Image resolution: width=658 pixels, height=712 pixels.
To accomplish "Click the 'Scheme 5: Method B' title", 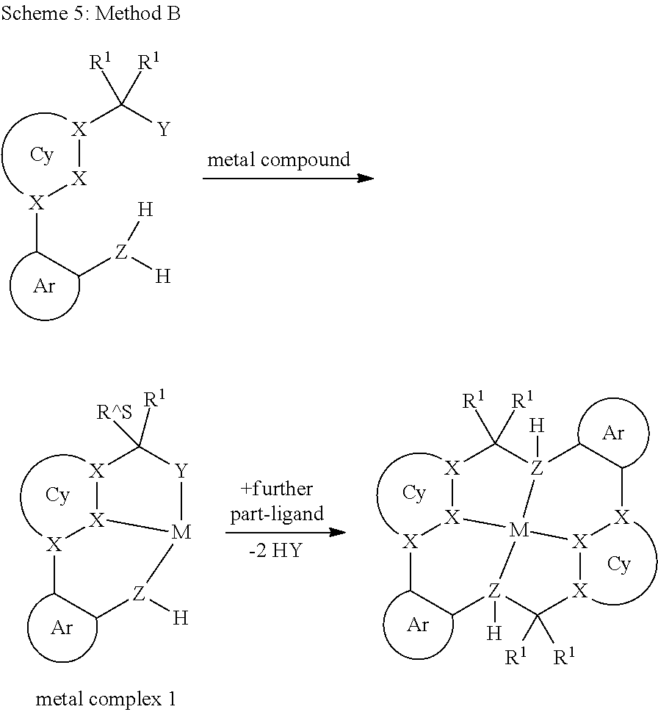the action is coord(91,13).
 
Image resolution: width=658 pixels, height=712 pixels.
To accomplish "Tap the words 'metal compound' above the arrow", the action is coord(278,160).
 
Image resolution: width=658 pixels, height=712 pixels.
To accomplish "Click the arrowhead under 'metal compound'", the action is coord(366,178).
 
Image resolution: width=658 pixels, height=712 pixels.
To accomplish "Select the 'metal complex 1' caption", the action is coord(106,699).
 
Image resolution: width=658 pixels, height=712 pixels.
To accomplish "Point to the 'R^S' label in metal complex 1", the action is coord(115,412).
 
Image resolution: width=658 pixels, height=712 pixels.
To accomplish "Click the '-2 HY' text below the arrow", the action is coord(275,550).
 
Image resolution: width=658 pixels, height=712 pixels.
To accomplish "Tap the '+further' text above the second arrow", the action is coord(277,489).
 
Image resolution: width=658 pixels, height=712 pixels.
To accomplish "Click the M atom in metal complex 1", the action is coord(181,532).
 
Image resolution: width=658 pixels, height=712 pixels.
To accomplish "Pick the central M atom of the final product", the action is coord(519,530).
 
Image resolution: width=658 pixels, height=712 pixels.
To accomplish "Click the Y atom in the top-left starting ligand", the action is coord(163,130).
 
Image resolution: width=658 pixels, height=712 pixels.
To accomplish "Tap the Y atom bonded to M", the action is coord(181,471).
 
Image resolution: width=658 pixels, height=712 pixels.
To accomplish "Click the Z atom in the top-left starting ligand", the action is coord(120,251).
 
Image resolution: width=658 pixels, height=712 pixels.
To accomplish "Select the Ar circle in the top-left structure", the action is coord(45,286).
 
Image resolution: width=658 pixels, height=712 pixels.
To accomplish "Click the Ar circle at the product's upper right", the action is coord(613,433).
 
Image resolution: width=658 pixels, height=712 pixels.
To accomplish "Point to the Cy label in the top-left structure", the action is coord(42,155).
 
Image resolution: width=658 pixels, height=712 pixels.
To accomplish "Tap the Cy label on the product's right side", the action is coord(619,564).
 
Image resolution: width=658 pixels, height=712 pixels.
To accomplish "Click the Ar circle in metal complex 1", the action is coord(62,628).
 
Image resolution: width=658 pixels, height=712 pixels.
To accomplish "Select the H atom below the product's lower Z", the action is coord(494,633).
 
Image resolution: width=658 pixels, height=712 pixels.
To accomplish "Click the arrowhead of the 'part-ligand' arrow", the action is coord(338,532).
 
